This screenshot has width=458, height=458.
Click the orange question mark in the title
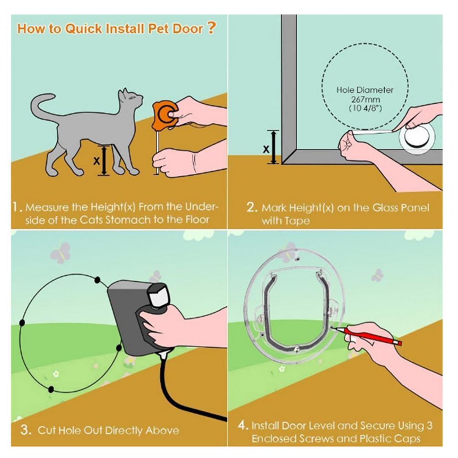(x=210, y=27)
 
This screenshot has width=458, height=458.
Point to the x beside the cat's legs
(x=96, y=161)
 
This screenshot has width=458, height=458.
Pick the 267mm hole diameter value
(x=365, y=99)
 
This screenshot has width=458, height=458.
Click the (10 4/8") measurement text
(x=365, y=108)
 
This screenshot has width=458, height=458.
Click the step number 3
(x=26, y=430)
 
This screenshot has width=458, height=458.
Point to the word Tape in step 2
(x=298, y=221)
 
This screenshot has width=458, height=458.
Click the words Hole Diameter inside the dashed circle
(x=365, y=90)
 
